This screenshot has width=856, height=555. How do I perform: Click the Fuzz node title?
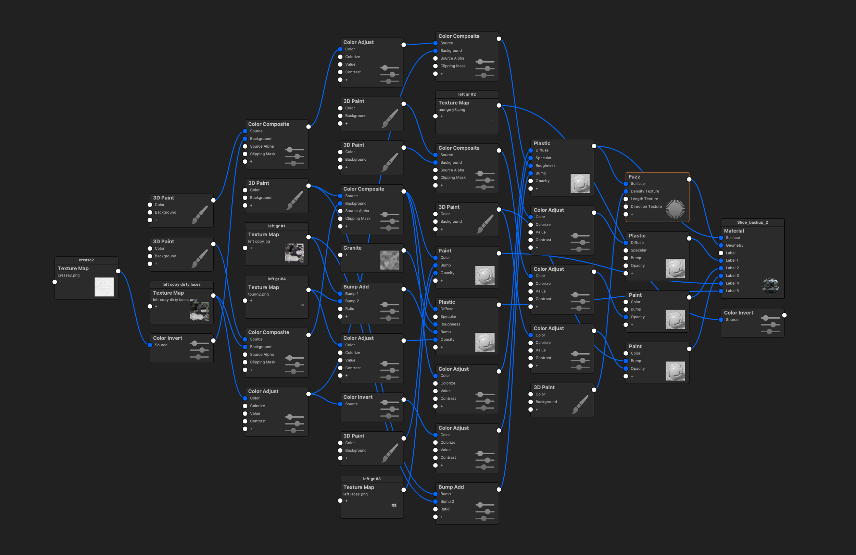coord(634,177)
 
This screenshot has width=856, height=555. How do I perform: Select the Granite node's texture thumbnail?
coord(390,260)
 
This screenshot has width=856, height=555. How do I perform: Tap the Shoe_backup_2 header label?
coord(752,222)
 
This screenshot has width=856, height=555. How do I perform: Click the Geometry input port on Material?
coord(721,245)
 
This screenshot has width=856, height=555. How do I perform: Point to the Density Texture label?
coord(644,192)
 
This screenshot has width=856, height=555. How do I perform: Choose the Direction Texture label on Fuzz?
coord(646,207)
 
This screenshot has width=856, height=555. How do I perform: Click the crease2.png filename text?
coord(69,275)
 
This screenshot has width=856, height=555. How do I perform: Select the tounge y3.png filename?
coord(451,110)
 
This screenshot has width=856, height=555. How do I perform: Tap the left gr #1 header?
coord(276,226)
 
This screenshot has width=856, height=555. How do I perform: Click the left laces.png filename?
coord(355,494)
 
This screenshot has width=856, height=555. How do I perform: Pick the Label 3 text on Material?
coord(732,276)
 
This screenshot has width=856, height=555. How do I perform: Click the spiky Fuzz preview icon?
coord(675,209)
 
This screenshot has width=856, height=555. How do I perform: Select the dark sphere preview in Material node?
coord(770,286)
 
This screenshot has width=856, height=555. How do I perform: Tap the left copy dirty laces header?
coord(181,284)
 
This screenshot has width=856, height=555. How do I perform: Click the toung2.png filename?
coord(258,294)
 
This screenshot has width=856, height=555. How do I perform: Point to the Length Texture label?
coord(644,199)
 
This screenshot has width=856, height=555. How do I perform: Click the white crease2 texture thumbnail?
coord(104,287)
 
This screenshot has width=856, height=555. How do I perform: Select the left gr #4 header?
coord(276,279)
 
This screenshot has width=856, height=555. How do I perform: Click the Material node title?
coord(734,231)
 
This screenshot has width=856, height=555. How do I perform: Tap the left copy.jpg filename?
coord(259,242)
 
